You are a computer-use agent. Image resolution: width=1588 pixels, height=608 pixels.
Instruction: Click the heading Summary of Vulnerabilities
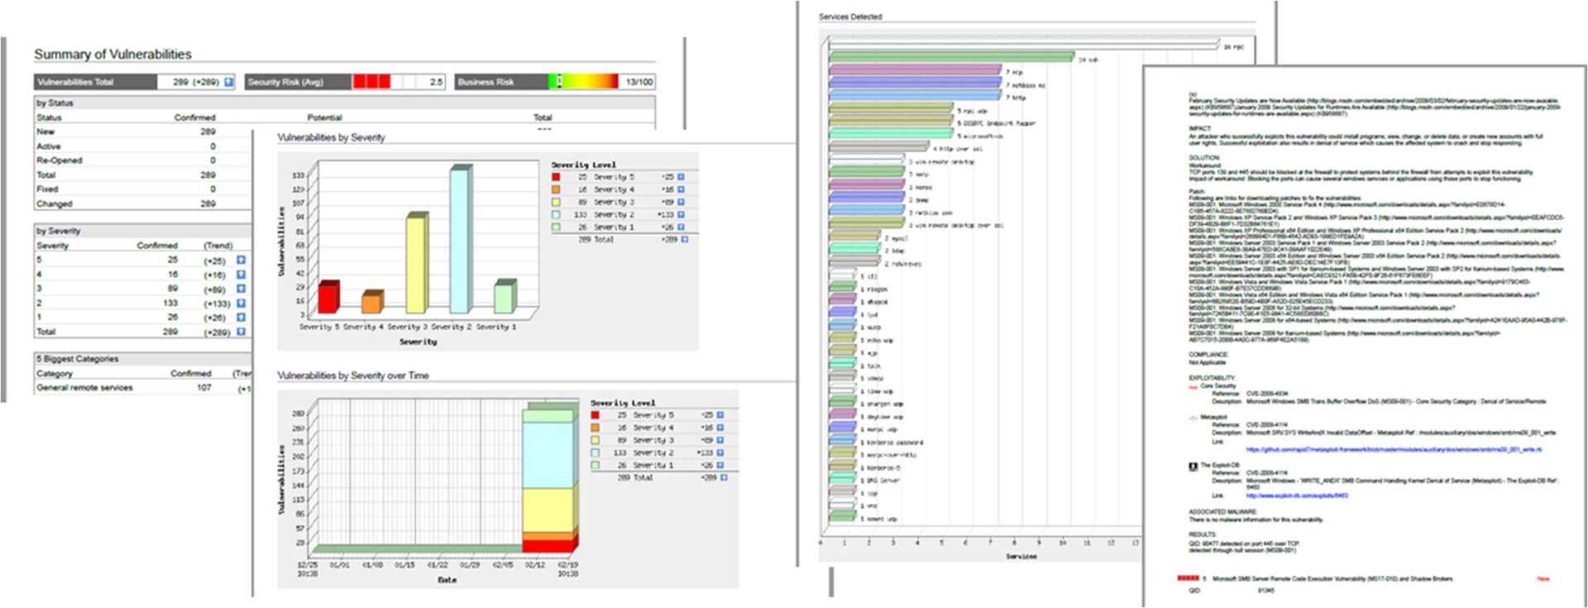pos(112,55)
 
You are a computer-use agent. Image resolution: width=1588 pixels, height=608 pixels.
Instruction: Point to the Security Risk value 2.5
pos(436,82)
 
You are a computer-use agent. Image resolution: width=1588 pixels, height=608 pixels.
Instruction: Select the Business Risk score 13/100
pos(639,82)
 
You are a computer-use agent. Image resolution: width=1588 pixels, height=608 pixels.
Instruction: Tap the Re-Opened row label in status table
pos(59,160)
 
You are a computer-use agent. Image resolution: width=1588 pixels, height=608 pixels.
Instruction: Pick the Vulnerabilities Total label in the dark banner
pos(75,82)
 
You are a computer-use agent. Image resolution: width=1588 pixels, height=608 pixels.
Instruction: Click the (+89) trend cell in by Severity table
pos(214,290)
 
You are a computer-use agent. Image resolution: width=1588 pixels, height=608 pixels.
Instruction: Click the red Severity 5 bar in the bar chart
pos(328,298)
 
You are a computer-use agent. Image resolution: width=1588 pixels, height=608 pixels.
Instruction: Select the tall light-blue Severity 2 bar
pos(460,240)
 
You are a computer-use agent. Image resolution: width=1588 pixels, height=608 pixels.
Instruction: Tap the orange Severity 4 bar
pos(371,303)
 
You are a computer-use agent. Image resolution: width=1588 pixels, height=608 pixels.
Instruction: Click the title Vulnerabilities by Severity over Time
pos(352,376)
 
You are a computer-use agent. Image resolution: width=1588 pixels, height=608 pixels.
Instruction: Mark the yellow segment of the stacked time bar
pos(549,509)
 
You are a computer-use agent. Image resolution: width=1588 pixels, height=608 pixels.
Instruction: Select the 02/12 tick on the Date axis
pos(534,565)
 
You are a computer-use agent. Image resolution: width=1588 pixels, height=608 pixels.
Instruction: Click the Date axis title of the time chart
pos(447,580)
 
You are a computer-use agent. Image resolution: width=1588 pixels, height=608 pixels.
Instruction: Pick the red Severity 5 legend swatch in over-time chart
pos(595,415)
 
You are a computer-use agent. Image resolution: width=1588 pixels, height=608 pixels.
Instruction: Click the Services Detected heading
pos(850,17)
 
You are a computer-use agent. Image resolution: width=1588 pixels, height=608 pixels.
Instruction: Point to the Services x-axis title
pos(1021,557)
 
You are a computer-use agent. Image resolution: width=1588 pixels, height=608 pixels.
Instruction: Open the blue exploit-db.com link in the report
pos(1296,495)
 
